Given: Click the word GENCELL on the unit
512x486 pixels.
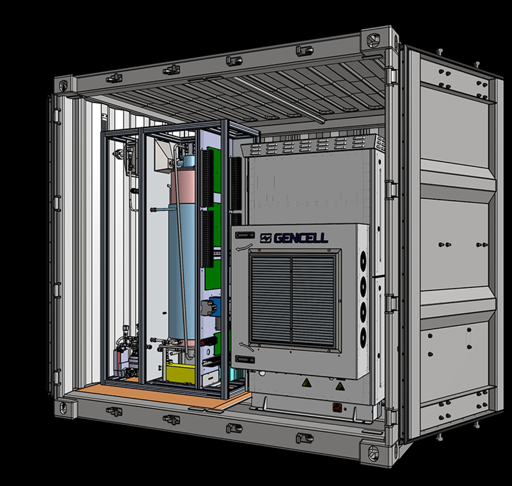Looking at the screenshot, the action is [301, 238].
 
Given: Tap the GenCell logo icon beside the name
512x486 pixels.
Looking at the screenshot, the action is [266, 238].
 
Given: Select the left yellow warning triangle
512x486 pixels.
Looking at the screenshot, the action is [307, 382].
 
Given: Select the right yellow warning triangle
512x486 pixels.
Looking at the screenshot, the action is [340, 386].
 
